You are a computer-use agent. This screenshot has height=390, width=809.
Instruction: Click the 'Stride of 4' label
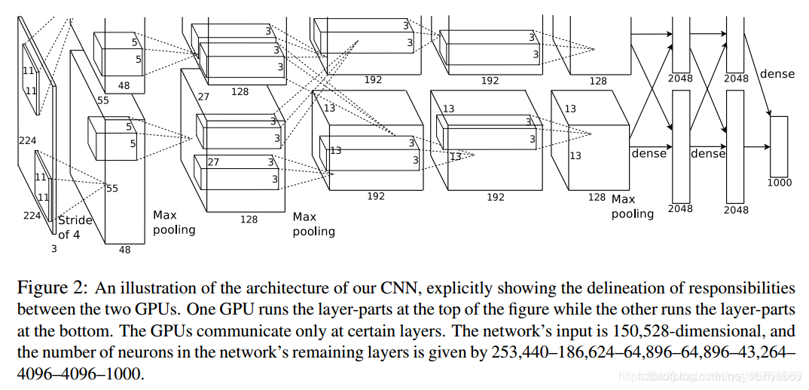pyautogui.click(x=75, y=227)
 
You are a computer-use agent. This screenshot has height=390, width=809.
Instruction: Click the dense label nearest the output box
pyautogui.click(x=777, y=74)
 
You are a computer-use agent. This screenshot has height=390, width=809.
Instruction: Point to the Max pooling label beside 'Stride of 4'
pyautogui.click(x=174, y=222)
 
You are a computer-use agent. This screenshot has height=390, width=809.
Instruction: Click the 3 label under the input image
pyautogui.click(x=53, y=247)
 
